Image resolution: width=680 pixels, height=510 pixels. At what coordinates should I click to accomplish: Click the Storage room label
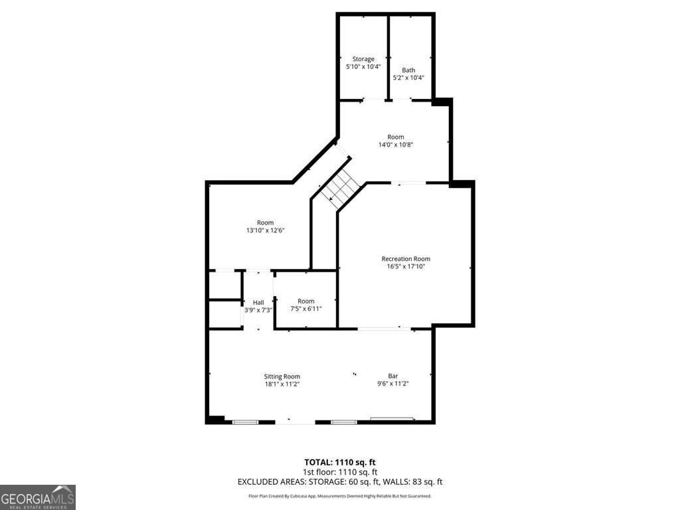pyautogui.click(x=363, y=59)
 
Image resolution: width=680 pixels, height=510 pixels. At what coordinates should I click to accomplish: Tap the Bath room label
pyautogui.click(x=408, y=70)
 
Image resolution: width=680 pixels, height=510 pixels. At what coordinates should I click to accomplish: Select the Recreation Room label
pyautogui.click(x=406, y=259)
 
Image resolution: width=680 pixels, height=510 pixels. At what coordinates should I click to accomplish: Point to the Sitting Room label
pyautogui.click(x=282, y=377)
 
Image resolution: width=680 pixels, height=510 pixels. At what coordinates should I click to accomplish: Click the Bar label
pyautogui.click(x=393, y=376)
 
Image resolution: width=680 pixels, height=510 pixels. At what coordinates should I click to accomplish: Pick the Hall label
pyautogui.click(x=258, y=303)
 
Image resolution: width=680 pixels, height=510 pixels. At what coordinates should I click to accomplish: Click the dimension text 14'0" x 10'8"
pyautogui.click(x=396, y=144)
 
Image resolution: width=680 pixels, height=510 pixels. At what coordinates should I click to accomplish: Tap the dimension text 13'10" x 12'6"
pyautogui.click(x=265, y=230)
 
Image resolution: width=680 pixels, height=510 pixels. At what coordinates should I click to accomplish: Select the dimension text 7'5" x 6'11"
pyautogui.click(x=305, y=309)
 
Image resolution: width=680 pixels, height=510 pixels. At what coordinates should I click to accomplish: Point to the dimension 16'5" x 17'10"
pyautogui.click(x=406, y=266)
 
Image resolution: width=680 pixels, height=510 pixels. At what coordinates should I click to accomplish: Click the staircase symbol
pyautogui.click(x=341, y=189)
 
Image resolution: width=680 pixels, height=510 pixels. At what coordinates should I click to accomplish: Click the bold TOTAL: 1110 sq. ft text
pyautogui.click(x=340, y=462)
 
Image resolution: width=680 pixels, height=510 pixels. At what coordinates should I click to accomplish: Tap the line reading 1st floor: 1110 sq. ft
pyautogui.click(x=340, y=472)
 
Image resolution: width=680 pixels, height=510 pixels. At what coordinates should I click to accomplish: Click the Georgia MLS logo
pyautogui.click(x=38, y=497)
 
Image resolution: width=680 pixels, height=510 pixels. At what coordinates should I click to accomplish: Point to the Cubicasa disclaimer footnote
pyautogui.click(x=340, y=495)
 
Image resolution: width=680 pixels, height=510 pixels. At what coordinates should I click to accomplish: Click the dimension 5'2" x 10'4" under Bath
pyautogui.click(x=408, y=78)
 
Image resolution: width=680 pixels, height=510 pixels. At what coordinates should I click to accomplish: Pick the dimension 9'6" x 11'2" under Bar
pyautogui.click(x=393, y=383)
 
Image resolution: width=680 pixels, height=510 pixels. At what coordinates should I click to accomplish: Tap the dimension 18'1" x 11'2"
pyautogui.click(x=282, y=384)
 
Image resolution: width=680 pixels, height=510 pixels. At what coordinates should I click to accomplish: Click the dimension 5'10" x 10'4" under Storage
pyautogui.click(x=363, y=66)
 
